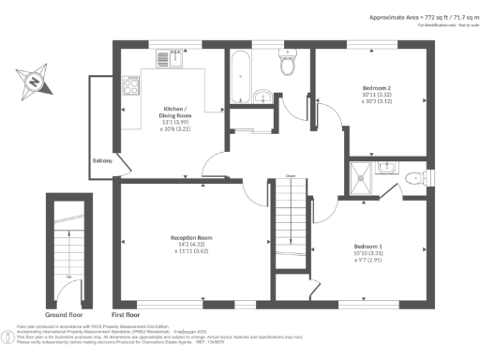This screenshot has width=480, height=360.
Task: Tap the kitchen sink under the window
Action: point(173,58)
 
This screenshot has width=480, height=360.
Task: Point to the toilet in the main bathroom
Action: point(287,65)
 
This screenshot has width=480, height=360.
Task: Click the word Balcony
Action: point(103,161)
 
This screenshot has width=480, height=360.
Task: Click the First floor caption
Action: point(130,314)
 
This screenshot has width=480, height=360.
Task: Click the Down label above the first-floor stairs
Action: point(291,176)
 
